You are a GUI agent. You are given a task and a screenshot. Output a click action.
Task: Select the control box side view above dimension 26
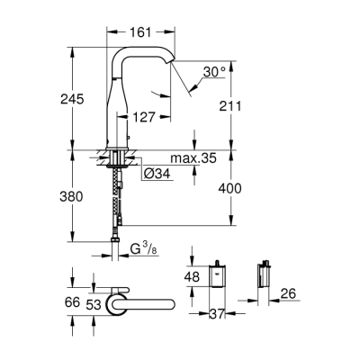[265, 280]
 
